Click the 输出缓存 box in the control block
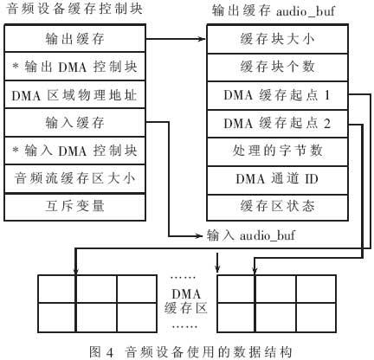click(x=74, y=38)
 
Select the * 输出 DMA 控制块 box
click(x=74, y=67)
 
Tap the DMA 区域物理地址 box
click(x=74, y=94)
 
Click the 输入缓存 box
click(x=74, y=123)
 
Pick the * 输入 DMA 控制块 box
click(x=74, y=151)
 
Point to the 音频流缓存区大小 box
click(x=74, y=179)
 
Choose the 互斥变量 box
click(x=74, y=207)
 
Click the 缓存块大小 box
click(x=277, y=39)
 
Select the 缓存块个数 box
click(x=277, y=67)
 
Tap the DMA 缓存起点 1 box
click(x=277, y=95)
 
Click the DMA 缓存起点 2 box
click(x=277, y=124)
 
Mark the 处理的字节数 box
click(x=277, y=151)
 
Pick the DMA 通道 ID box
click(x=277, y=180)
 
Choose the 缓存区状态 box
click(x=277, y=208)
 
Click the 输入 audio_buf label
click(x=251, y=235)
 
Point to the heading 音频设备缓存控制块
click(x=74, y=9)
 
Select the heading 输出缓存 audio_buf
click(x=273, y=11)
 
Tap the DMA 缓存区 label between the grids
click(x=186, y=301)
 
